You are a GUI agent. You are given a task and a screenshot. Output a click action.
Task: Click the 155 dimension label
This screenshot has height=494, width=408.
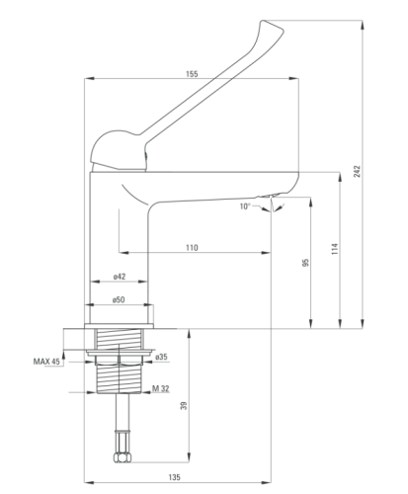click(x=192, y=74)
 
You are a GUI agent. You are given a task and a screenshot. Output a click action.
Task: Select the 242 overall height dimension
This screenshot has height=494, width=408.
click(x=358, y=171)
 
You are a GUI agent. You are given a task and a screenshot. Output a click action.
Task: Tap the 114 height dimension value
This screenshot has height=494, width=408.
click(x=335, y=249)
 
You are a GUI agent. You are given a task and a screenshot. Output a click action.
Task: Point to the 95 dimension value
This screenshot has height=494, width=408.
click(x=306, y=263)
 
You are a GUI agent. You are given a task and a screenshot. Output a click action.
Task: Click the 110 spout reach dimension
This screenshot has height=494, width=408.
click(x=192, y=248)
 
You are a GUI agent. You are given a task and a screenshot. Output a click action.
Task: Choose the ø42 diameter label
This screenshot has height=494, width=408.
click(x=120, y=277)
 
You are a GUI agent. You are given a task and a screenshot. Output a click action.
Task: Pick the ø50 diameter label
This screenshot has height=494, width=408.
click(x=119, y=299)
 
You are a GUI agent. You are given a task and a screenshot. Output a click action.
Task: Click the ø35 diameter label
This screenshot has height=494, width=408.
click(x=161, y=357)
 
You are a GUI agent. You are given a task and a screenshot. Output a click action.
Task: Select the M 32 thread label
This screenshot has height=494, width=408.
click(x=161, y=388)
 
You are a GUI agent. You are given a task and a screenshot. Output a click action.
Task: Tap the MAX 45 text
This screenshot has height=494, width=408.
click(x=46, y=362)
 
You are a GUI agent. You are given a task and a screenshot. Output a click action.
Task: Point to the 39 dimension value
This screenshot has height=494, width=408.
click(x=185, y=405)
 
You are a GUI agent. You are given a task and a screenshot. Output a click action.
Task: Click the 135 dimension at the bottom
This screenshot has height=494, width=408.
click(x=175, y=477)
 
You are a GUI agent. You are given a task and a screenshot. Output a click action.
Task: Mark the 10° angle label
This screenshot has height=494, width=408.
click(x=245, y=206)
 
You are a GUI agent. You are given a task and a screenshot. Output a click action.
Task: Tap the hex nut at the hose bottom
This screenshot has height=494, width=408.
click(x=122, y=457)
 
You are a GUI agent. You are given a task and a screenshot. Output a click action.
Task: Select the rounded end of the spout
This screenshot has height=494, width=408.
click(x=291, y=183)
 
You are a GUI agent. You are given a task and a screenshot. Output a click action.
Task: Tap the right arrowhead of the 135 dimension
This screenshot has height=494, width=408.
click(x=266, y=483)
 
